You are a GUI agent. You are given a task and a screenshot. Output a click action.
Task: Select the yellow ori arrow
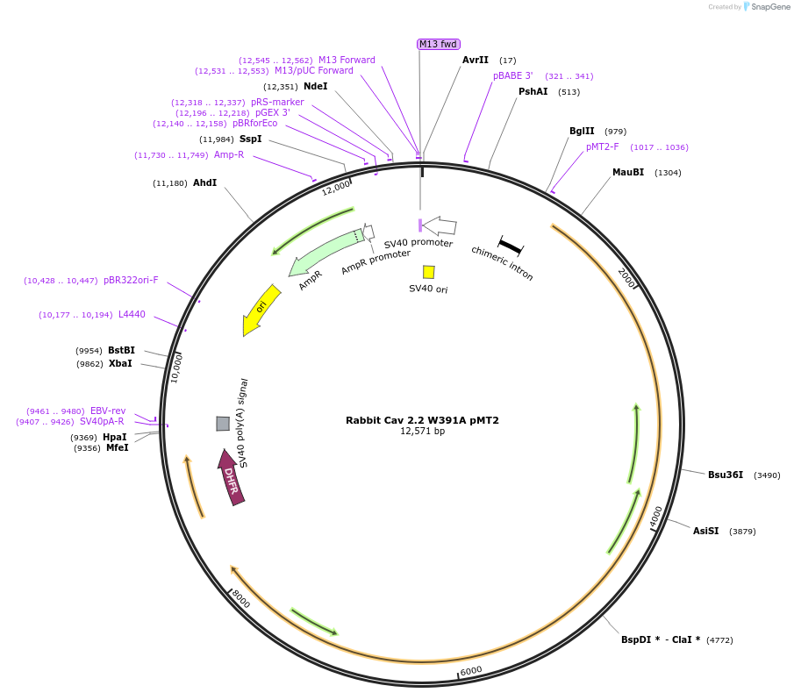(x=261, y=309)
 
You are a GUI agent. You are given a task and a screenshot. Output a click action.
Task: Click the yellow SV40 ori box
(x=428, y=272)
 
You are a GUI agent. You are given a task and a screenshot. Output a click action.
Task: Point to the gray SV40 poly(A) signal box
(x=223, y=424)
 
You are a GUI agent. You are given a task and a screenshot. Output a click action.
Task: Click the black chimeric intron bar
(x=510, y=246)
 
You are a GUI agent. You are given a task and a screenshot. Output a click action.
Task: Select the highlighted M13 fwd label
(x=439, y=44)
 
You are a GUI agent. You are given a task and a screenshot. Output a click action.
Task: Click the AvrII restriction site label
(x=476, y=60)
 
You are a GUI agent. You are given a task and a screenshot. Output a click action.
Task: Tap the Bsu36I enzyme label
(x=726, y=475)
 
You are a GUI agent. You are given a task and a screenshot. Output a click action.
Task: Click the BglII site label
(x=582, y=132)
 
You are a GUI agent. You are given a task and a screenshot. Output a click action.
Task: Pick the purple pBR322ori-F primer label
(x=131, y=281)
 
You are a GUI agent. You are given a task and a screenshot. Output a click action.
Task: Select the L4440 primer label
(x=132, y=314)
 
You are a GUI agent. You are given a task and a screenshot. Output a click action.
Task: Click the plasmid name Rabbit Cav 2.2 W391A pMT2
(x=422, y=420)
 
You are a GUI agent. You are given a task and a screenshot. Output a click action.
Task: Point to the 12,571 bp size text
(x=422, y=432)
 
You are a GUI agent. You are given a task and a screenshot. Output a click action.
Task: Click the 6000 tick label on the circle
(x=471, y=670)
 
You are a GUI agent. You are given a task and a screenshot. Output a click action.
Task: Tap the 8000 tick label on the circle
(x=240, y=600)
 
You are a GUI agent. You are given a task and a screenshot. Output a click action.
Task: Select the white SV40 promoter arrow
(x=440, y=226)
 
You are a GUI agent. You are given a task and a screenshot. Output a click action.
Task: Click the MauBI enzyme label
(x=628, y=172)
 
